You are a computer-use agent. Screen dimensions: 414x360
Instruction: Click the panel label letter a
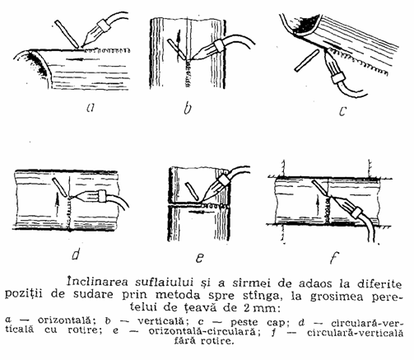[x=91, y=107]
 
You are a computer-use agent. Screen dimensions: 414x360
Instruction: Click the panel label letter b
[x=188, y=107]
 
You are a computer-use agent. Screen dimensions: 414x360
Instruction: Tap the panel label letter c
[x=342, y=110]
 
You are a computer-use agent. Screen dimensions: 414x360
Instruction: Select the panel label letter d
[x=76, y=253]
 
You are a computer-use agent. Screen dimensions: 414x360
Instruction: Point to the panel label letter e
[x=200, y=258]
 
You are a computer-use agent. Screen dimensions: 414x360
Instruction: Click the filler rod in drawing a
[x=67, y=34]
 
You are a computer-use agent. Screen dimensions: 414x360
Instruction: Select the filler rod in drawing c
[x=307, y=60]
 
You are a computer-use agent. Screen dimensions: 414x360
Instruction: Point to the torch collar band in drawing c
[x=337, y=77]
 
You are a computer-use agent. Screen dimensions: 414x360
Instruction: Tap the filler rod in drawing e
[x=193, y=190]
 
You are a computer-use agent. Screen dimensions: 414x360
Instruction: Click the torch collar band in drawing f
[x=356, y=213]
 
